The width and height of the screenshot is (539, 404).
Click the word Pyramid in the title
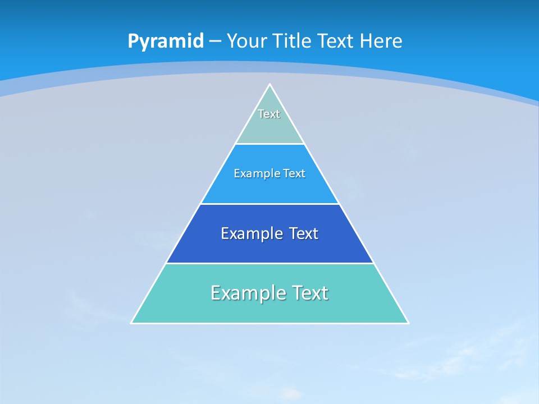(166, 42)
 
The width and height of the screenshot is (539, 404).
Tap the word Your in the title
(247, 42)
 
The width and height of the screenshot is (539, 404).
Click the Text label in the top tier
(269, 114)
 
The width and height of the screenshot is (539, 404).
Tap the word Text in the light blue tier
(294, 174)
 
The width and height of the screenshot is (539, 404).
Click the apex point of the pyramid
(270, 85)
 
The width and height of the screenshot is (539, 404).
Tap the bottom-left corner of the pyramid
(131, 323)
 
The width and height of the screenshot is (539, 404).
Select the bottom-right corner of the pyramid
(408, 323)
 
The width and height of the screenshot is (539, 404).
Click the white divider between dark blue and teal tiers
(270, 263)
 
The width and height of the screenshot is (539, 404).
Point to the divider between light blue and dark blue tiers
(270, 204)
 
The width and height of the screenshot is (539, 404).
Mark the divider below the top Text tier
(270, 144)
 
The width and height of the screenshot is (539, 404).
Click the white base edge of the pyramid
(270, 323)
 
